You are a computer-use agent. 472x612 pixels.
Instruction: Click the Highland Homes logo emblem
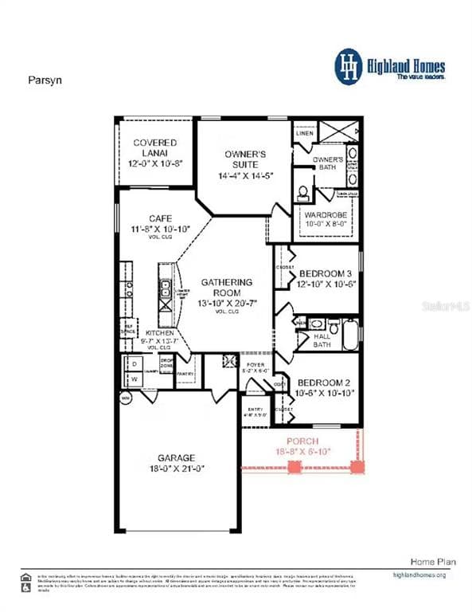coord(348,65)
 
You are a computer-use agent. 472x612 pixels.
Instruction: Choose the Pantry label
coord(186,374)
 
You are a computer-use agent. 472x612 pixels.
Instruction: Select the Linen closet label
coord(305,133)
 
